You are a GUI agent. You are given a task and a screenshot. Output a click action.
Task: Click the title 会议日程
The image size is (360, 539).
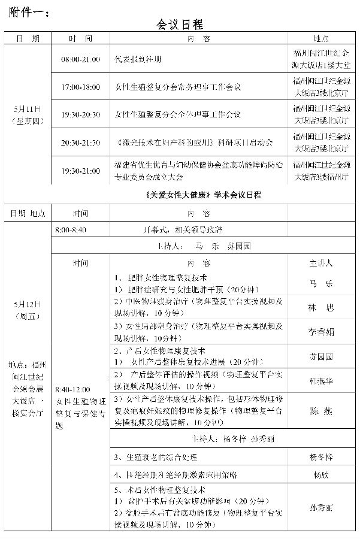click(x=180, y=24)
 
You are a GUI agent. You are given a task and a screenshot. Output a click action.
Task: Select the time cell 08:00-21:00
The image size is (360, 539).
click(x=80, y=60)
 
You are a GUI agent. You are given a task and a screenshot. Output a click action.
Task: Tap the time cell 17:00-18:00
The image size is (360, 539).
click(x=80, y=87)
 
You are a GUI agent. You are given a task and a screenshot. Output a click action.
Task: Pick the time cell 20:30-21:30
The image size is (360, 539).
click(x=80, y=143)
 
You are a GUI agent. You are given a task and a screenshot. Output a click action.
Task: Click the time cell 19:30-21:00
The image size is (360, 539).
click(x=80, y=171)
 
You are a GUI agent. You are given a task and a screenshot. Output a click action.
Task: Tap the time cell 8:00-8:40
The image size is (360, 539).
click(x=71, y=230)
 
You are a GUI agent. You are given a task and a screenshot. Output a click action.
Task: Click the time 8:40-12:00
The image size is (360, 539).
click(x=72, y=389)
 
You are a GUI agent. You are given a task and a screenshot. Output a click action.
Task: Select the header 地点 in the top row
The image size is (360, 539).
click(x=320, y=38)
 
